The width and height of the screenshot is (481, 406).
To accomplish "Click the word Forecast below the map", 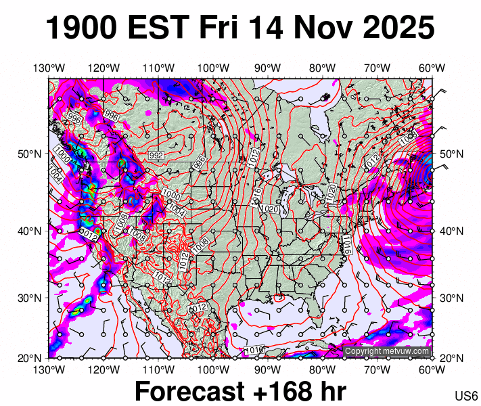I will [x=189, y=392].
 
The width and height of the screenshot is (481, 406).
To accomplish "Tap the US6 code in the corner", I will [x=467, y=395].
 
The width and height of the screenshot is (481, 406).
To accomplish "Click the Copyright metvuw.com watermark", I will [x=387, y=351].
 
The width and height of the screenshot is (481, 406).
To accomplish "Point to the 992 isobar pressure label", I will [x=156, y=156].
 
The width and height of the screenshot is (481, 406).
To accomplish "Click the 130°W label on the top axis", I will [x=49, y=68].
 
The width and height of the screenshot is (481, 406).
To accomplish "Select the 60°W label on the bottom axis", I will [x=432, y=369].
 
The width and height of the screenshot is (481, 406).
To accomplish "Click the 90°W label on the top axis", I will [x=268, y=68].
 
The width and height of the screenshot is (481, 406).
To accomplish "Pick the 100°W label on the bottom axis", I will [x=213, y=369].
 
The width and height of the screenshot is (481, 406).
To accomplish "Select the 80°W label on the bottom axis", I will [x=323, y=369].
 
